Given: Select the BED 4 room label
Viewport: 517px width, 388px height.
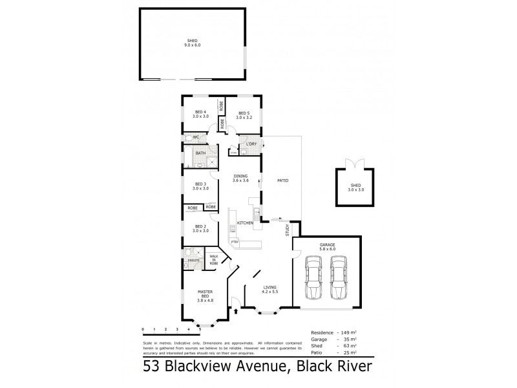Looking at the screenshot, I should click(x=202, y=114).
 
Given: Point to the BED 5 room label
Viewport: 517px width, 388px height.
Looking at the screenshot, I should click(x=243, y=116).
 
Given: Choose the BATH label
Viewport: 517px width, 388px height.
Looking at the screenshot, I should click(x=200, y=153).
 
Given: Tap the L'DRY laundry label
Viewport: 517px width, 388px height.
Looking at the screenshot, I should click(x=251, y=144).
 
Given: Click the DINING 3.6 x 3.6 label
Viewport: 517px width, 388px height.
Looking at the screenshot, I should click(x=241, y=178).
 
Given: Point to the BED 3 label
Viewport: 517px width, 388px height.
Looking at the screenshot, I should click(x=202, y=186).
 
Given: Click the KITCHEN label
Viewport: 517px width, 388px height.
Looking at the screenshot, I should click(x=244, y=222).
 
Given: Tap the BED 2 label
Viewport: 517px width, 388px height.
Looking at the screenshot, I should click(x=202, y=228).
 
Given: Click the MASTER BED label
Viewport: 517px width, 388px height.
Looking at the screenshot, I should click(x=205, y=295).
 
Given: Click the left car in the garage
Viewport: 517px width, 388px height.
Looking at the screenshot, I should click(x=313, y=278).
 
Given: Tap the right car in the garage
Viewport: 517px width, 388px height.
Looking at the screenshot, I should click(x=339, y=278).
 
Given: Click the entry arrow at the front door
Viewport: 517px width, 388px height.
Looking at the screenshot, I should click(x=236, y=311).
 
